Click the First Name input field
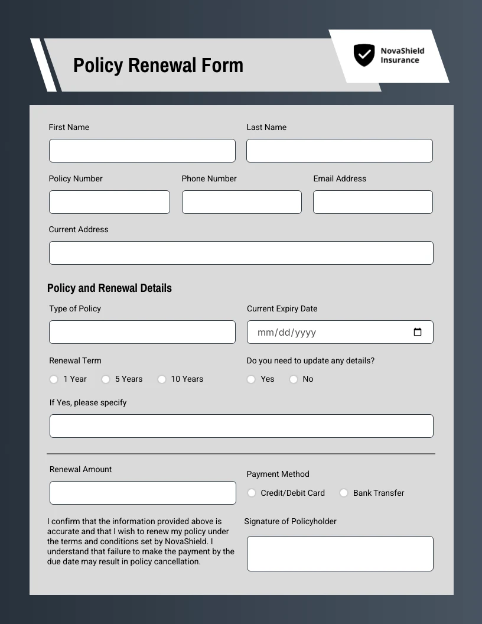coord(142,151)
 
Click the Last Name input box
coord(339,151)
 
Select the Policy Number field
coord(109,202)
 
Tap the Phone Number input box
coord(242,202)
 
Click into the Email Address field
coord(373,202)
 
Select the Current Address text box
coord(241,253)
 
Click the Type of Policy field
coord(142,332)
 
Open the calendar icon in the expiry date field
coord(418,332)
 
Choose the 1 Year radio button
coord(54,379)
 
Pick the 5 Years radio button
coord(106,379)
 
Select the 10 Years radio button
coord(162,379)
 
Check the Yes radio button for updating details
coord(251,379)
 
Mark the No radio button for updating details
coord(294,379)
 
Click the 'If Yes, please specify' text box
coord(241,426)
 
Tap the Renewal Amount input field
coord(142,493)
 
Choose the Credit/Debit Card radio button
coord(252,493)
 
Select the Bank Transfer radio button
coord(344,493)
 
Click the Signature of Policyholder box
coord(340,554)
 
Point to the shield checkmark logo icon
coord(364,55)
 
